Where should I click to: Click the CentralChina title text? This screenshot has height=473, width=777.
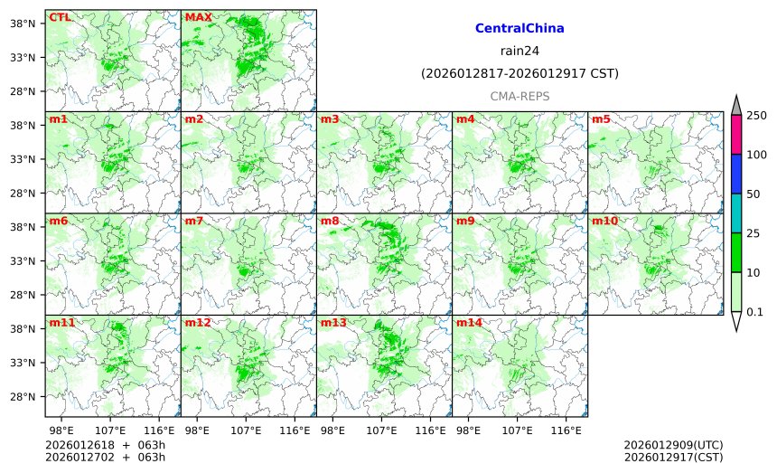pyautogui.click(x=520, y=29)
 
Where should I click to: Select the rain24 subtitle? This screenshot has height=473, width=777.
pyautogui.click(x=520, y=51)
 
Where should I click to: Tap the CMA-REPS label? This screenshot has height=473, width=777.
pyautogui.click(x=520, y=96)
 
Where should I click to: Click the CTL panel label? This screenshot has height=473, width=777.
pyautogui.click(x=60, y=17)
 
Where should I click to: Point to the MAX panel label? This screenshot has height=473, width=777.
pyautogui.click(x=198, y=17)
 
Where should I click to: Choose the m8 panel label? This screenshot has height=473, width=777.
pyautogui.click(x=330, y=221)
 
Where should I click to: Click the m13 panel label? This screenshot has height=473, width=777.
pyautogui.click(x=332, y=323)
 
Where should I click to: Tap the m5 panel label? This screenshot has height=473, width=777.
pyautogui.click(x=601, y=119)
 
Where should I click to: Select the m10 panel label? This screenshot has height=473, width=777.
pyautogui.click(x=604, y=221)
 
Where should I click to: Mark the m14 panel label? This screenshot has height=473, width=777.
pyautogui.click(x=468, y=323)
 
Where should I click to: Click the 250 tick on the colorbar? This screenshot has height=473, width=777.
pyautogui.click(x=756, y=115)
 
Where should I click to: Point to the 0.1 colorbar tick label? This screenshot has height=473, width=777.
pyautogui.click(x=755, y=312)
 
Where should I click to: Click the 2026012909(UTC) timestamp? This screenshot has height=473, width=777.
pyautogui.click(x=673, y=446)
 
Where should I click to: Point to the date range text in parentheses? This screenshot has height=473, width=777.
pyautogui.click(x=520, y=73)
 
